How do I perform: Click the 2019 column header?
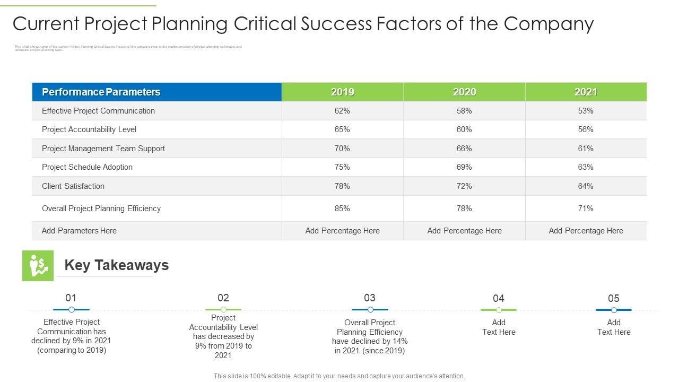pos(342,92)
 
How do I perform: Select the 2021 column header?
pos(586,92)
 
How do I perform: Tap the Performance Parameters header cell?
pos(101,92)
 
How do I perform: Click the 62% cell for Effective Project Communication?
pos(342,111)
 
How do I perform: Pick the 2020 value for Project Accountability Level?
pos(464,129)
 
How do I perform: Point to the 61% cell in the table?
pos(586,149)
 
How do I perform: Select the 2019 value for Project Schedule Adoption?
pos(342,167)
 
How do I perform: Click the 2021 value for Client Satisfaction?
pos(586,186)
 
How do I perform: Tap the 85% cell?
pos(342,209)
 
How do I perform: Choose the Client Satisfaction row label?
pos(73,186)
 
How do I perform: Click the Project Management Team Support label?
pos(103,149)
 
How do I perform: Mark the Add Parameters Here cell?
pos(79,231)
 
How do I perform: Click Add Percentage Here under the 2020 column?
pos(464,231)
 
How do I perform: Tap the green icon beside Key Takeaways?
pos(38,265)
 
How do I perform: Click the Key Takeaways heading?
pos(116,265)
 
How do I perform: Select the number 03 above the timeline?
pos(370,298)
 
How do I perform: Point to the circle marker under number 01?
pos(72,309)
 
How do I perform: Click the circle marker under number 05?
pos(614,310)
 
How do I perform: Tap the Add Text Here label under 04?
pos(499,327)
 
